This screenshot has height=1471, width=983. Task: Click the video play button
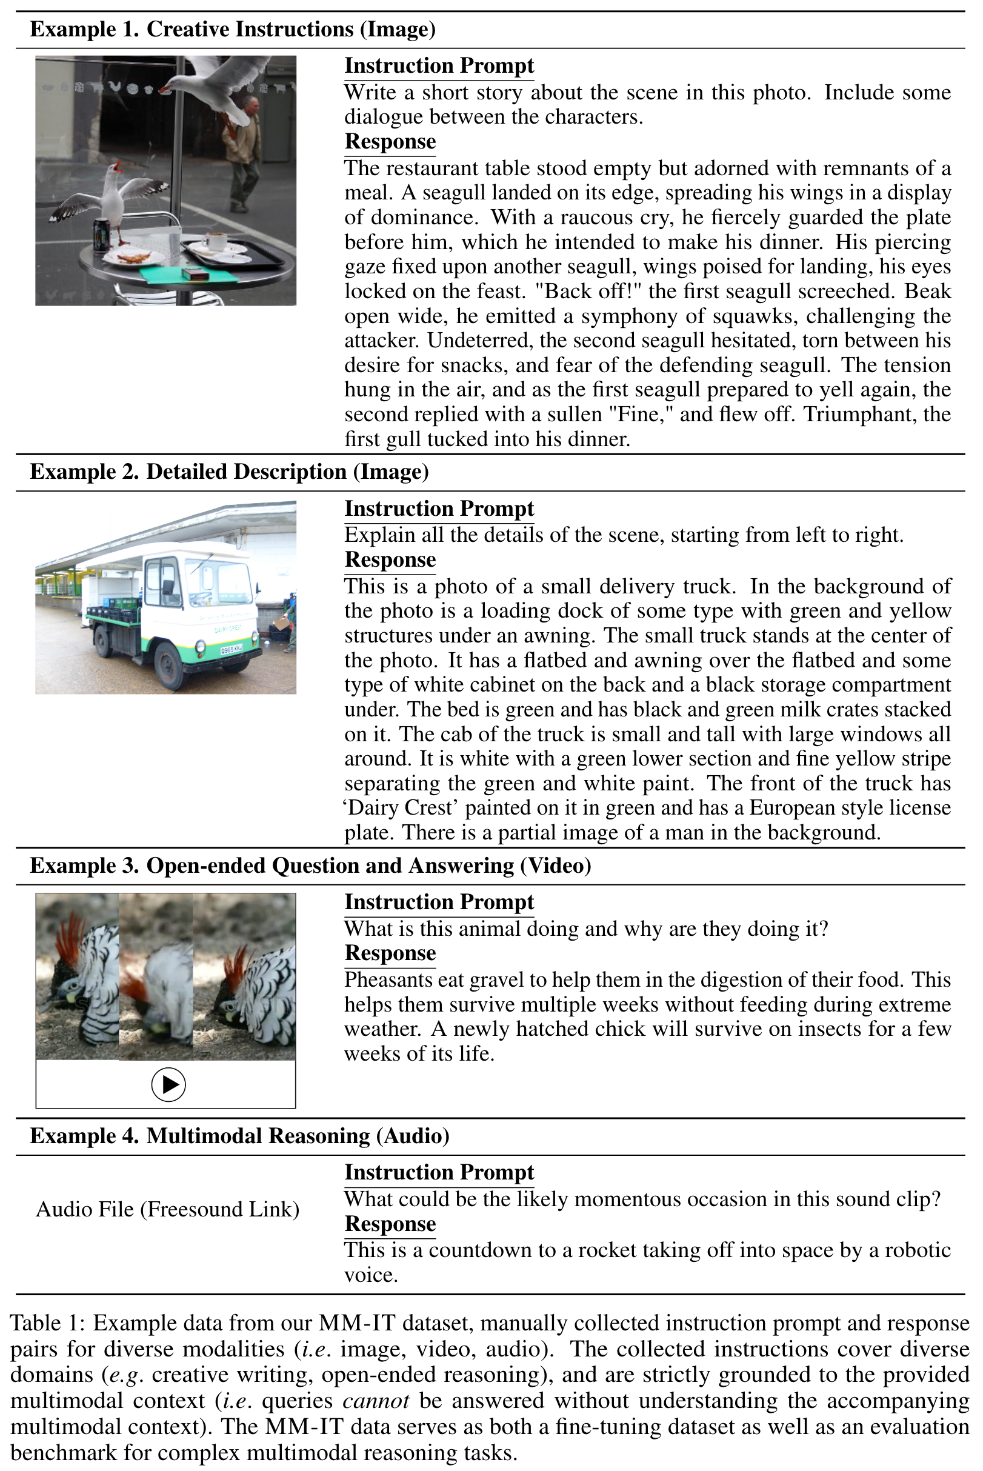(x=168, y=1084)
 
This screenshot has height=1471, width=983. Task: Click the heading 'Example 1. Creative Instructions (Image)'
(x=233, y=30)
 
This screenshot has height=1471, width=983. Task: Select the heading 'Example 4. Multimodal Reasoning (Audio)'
(x=239, y=1136)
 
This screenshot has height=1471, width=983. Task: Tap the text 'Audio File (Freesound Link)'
(x=167, y=1209)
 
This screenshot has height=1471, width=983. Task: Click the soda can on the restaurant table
(x=101, y=235)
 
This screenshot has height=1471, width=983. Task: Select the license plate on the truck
(x=232, y=650)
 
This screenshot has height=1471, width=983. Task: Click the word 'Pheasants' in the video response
(x=388, y=979)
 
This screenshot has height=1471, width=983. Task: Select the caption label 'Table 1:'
(x=48, y=1324)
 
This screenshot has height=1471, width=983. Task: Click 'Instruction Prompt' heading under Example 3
(x=439, y=902)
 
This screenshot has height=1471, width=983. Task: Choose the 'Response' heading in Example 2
(x=390, y=559)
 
